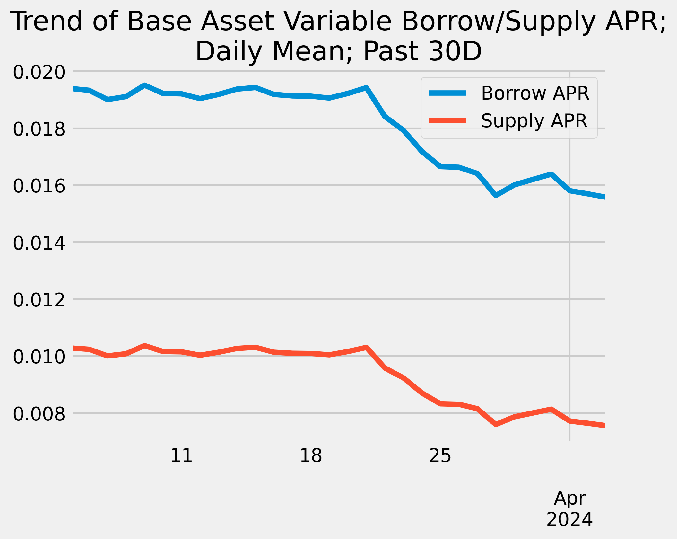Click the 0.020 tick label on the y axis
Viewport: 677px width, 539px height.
click(39, 73)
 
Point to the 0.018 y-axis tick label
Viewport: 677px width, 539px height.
click(39, 130)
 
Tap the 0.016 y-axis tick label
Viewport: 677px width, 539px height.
click(39, 187)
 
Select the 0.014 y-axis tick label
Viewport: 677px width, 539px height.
click(39, 243)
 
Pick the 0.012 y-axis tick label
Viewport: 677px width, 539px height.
click(39, 301)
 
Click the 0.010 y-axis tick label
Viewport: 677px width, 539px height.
click(39, 358)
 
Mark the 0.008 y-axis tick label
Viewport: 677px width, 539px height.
click(39, 414)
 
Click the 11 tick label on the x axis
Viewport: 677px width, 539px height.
click(181, 455)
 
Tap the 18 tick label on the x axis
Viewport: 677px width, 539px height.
click(311, 455)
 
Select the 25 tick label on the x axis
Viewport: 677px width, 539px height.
click(440, 455)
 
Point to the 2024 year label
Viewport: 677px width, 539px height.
click(569, 520)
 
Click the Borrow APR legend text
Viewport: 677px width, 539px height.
click(535, 93)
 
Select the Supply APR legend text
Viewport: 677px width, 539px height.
click(534, 121)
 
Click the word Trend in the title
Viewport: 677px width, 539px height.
click(47, 22)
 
